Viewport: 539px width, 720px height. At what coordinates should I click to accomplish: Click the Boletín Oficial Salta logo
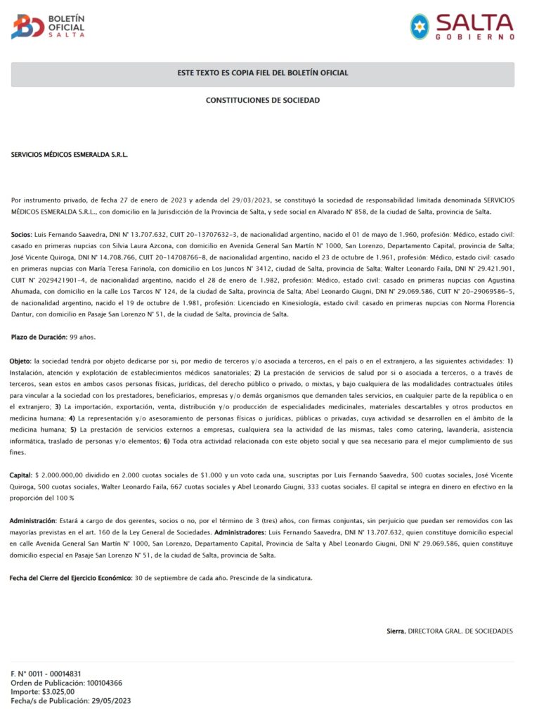coord(48,26)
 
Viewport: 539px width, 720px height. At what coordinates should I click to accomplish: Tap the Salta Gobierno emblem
coord(420,26)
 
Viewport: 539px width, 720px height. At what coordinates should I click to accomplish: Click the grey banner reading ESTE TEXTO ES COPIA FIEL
coord(262,73)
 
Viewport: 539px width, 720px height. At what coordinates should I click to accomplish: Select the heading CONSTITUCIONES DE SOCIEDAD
coord(262,101)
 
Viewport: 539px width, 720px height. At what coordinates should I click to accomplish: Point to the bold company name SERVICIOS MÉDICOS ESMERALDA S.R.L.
coord(70,154)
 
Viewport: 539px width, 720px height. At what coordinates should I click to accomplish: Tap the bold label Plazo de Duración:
coord(39,337)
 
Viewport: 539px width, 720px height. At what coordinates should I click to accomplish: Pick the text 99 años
coord(83,337)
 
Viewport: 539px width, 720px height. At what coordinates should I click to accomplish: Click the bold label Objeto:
coord(21,361)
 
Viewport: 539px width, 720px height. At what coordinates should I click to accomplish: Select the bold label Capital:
coord(22,476)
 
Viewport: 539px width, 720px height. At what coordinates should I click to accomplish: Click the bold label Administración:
coord(33,521)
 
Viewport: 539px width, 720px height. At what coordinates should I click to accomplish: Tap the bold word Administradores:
coord(249,532)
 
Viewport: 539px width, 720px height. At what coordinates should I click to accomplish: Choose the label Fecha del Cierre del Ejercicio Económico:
coord(70,578)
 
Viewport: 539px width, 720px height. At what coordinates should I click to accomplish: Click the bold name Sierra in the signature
coord(396,631)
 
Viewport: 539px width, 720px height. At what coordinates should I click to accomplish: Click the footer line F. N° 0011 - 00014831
coord(46,674)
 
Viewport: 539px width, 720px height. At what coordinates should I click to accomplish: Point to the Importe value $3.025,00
coord(58,692)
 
